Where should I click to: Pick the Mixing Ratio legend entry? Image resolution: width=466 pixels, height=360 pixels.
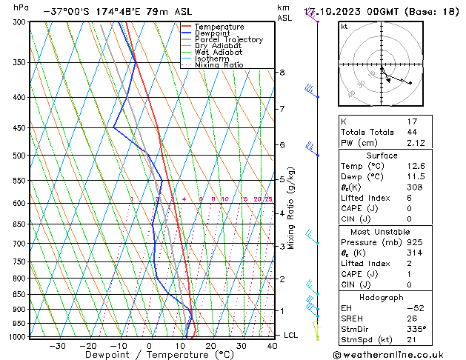coord(219,65)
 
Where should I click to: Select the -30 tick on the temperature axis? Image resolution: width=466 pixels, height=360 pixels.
coord(57,346)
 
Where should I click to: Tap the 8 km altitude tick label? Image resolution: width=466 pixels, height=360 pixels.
coord(282,73)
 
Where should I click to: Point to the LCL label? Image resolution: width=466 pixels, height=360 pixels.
coord(292,336)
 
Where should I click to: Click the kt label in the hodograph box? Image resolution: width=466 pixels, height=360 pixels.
coord(344,27)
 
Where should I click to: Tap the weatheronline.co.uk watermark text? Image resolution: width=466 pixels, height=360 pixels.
coord(397,354)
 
